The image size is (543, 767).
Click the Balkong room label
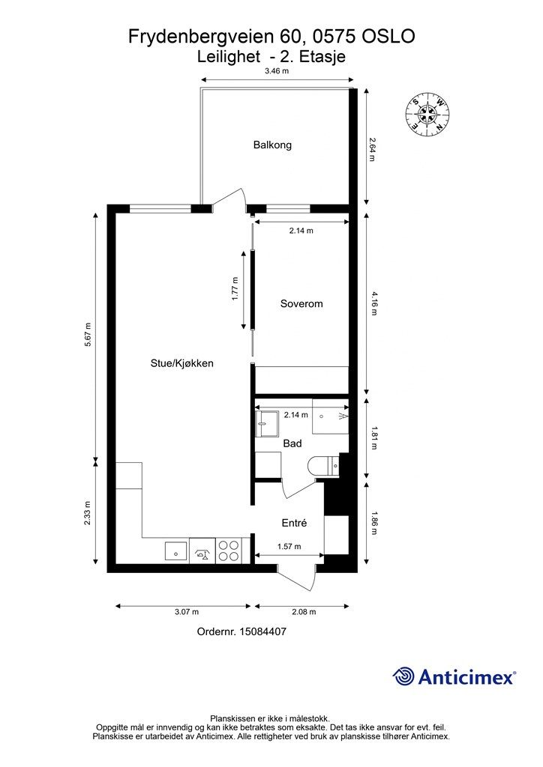(x=272, y=145)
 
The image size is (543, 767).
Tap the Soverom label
(x=301, y=303)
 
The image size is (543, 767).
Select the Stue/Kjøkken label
(x=181, y=363)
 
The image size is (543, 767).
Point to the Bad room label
(x=292, y=443)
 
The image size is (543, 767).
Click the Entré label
(x=294, y=523)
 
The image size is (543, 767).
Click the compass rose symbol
(x=427, y=114)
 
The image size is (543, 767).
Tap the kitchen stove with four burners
(x=228, y=550)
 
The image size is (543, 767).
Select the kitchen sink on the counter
(x=175, y=551)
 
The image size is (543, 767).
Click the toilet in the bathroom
(x=324, y=465)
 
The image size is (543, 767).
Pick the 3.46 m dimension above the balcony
(x=277, y=71)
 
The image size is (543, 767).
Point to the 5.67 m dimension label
(x=88, y=335)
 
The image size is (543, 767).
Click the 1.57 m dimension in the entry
(x=289, y=546)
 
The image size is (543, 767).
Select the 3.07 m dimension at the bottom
(x=187, y=611)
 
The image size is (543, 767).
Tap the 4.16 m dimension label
(x=374, y=303)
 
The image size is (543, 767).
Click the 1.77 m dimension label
(x=235, y=288)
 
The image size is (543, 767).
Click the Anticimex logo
(x=454, y=676)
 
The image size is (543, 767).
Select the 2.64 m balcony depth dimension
(x=372, y=150)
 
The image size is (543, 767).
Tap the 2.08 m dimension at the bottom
(x=304, y=611)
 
